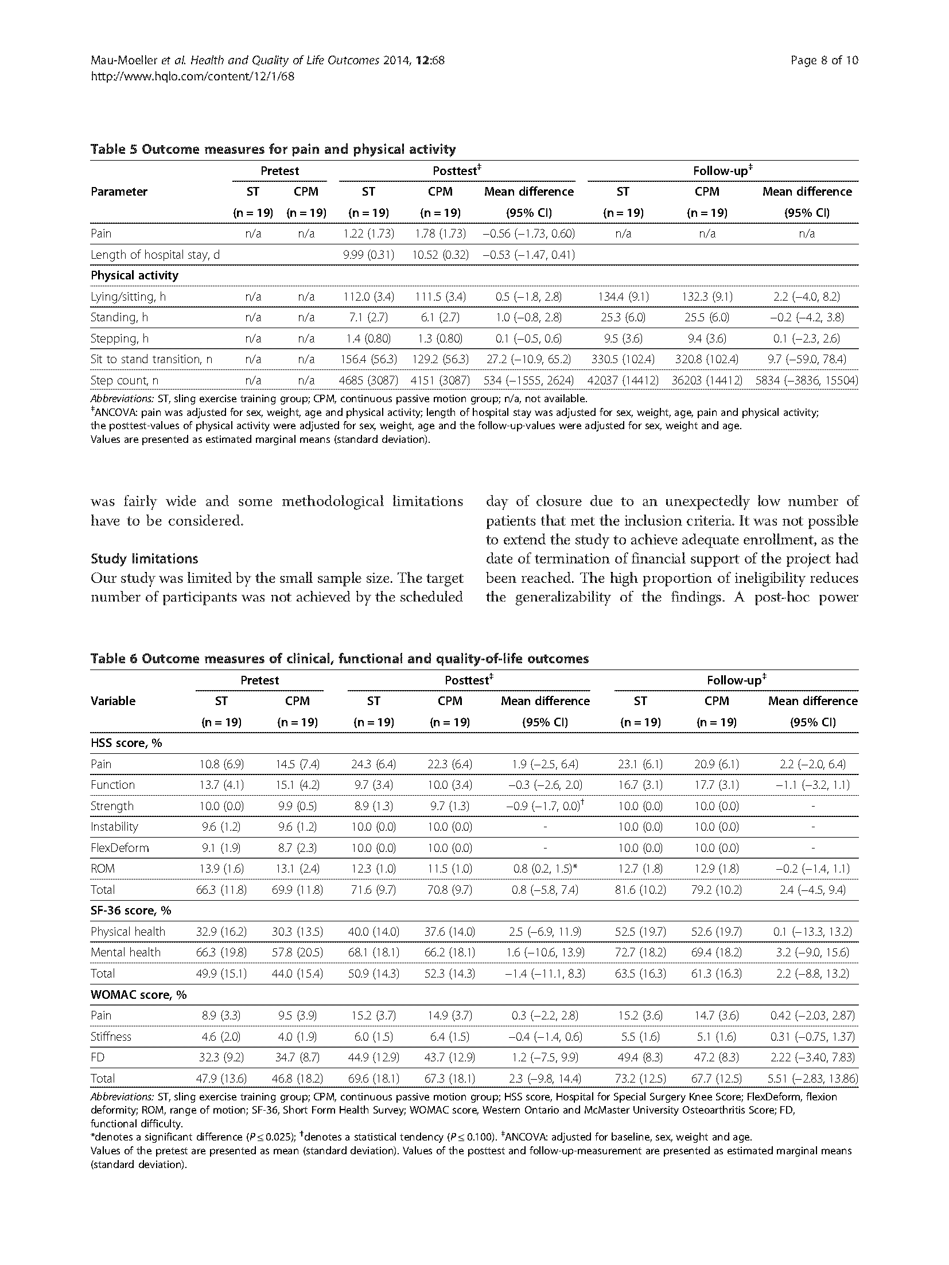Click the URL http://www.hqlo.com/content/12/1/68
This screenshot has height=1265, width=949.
pos(192,76)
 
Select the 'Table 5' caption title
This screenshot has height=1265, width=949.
pos(273,149)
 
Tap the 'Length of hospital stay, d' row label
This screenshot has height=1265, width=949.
pos(155,255)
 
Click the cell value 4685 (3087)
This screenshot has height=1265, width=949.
pos(368,380)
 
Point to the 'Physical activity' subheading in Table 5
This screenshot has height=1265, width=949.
pos(134,275)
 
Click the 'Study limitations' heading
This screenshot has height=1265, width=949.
pos(144,559)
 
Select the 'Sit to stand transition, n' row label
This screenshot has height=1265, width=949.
pos(151,359)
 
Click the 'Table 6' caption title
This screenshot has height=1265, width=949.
pos(339,659)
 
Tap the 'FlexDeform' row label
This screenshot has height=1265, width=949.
pos(119,848)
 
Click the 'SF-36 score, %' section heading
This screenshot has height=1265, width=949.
pos(131,910)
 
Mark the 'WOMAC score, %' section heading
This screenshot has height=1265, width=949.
pos(138,994)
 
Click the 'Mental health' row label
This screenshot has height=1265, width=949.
pos(126,952)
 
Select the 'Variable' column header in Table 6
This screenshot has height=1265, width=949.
pos(113,701)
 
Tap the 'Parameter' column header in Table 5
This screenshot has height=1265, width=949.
pos(119,192)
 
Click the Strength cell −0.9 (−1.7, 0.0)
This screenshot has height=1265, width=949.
pos(542,806)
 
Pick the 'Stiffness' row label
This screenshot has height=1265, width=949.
pos(111,1036)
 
